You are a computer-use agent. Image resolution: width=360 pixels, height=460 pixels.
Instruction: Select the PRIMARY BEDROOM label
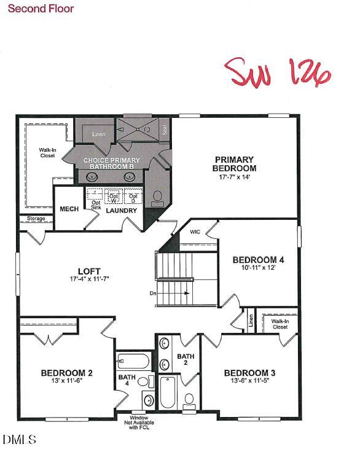click(x=234, y=163)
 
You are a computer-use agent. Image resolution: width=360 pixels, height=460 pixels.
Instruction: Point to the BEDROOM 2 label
click(x=67, y=372)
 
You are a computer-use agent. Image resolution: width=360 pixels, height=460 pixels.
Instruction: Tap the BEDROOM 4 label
click(x=258, y=260)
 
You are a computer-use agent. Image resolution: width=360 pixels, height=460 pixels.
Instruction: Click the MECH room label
click(x=69, y=209)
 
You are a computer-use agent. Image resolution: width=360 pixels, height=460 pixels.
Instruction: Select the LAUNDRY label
click(x=122, y=211)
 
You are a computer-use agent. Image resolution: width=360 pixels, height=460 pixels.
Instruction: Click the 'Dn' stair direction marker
click(x=153, y=294)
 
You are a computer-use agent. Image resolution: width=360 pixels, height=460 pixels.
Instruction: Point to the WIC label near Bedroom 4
click(x=195, y=232)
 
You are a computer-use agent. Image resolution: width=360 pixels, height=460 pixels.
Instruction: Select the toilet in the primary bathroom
click(x=157, y=197)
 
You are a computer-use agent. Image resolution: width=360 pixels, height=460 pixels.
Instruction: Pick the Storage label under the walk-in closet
click(x=36, y=218)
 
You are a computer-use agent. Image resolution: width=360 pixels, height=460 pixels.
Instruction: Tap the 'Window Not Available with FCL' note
click(x=138, y=423)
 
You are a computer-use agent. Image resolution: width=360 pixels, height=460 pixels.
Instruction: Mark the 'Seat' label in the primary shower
click(x=165, y=130)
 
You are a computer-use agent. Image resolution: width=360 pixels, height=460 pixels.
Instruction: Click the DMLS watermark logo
click(x=20, y=439)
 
